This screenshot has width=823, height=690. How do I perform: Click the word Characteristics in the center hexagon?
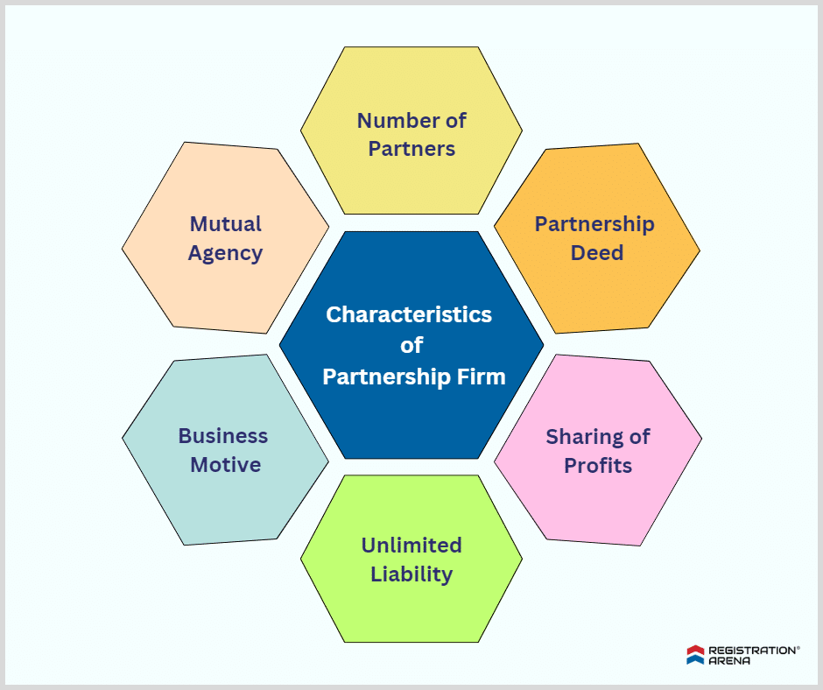coord(409,314)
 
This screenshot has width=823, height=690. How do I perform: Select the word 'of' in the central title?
coord(411,346)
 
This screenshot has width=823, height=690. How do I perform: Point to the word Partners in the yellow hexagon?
coord(411,149)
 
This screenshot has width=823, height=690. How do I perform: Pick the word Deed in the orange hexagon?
coord(597,253)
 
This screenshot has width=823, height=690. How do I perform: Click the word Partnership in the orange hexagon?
coord(594,224)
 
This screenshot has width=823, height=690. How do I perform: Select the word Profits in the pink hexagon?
coord(598,465)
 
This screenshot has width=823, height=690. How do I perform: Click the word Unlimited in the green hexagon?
coord(411,546)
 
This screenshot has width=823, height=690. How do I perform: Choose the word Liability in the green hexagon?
coord(411,574)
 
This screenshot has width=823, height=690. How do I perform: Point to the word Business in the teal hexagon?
coord(223,435)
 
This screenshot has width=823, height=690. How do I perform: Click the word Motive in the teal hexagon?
coord(226,464)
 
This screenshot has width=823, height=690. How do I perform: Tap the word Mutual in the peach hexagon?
coord(226,224)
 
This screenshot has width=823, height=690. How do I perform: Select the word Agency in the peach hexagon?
coord(226,253)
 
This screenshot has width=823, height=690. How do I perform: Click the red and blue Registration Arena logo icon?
coord(695,655)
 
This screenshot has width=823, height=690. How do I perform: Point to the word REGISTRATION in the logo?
coord(750,651)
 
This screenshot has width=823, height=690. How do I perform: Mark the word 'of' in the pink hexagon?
coord(638,436)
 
